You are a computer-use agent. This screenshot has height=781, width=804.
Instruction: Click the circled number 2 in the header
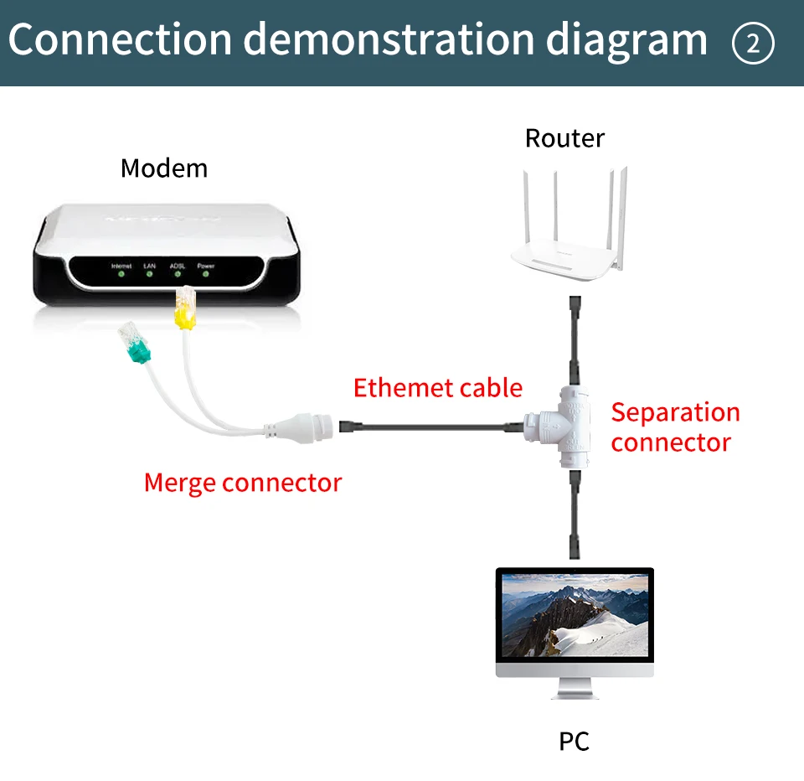pyautogui.click(x=753, y=43)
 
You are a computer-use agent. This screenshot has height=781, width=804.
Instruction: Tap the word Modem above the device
pyautogui.click(x=164, y=168)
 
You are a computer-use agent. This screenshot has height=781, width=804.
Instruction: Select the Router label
pyautogui.click(x=564, y=138)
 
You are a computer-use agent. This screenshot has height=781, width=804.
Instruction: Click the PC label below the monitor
pyautogui.click(x=574, y=741)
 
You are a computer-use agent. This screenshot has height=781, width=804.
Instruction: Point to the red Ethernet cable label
pyautogui.click(x=437, y=388)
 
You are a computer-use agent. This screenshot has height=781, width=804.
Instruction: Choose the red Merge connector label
pyautogui.click(x=243, y=483)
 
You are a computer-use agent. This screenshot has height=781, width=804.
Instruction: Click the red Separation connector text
pyautogui.click(x=675, y=427)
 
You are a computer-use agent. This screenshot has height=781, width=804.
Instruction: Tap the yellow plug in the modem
pyautogui.click(x=183, y=313)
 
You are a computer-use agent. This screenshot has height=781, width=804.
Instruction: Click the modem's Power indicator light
pyautogui.click(x=206, y=273)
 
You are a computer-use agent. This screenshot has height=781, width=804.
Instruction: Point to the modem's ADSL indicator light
pyautogui.click(x=177, y=273)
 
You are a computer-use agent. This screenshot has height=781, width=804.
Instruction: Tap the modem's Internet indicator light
pyautogui.click(x=121, y=273)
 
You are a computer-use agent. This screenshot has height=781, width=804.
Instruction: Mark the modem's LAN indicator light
pyautogui.click(x=149, y=273)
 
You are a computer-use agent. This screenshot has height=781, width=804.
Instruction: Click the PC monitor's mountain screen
pyautogui.click(x=575, y=616)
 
